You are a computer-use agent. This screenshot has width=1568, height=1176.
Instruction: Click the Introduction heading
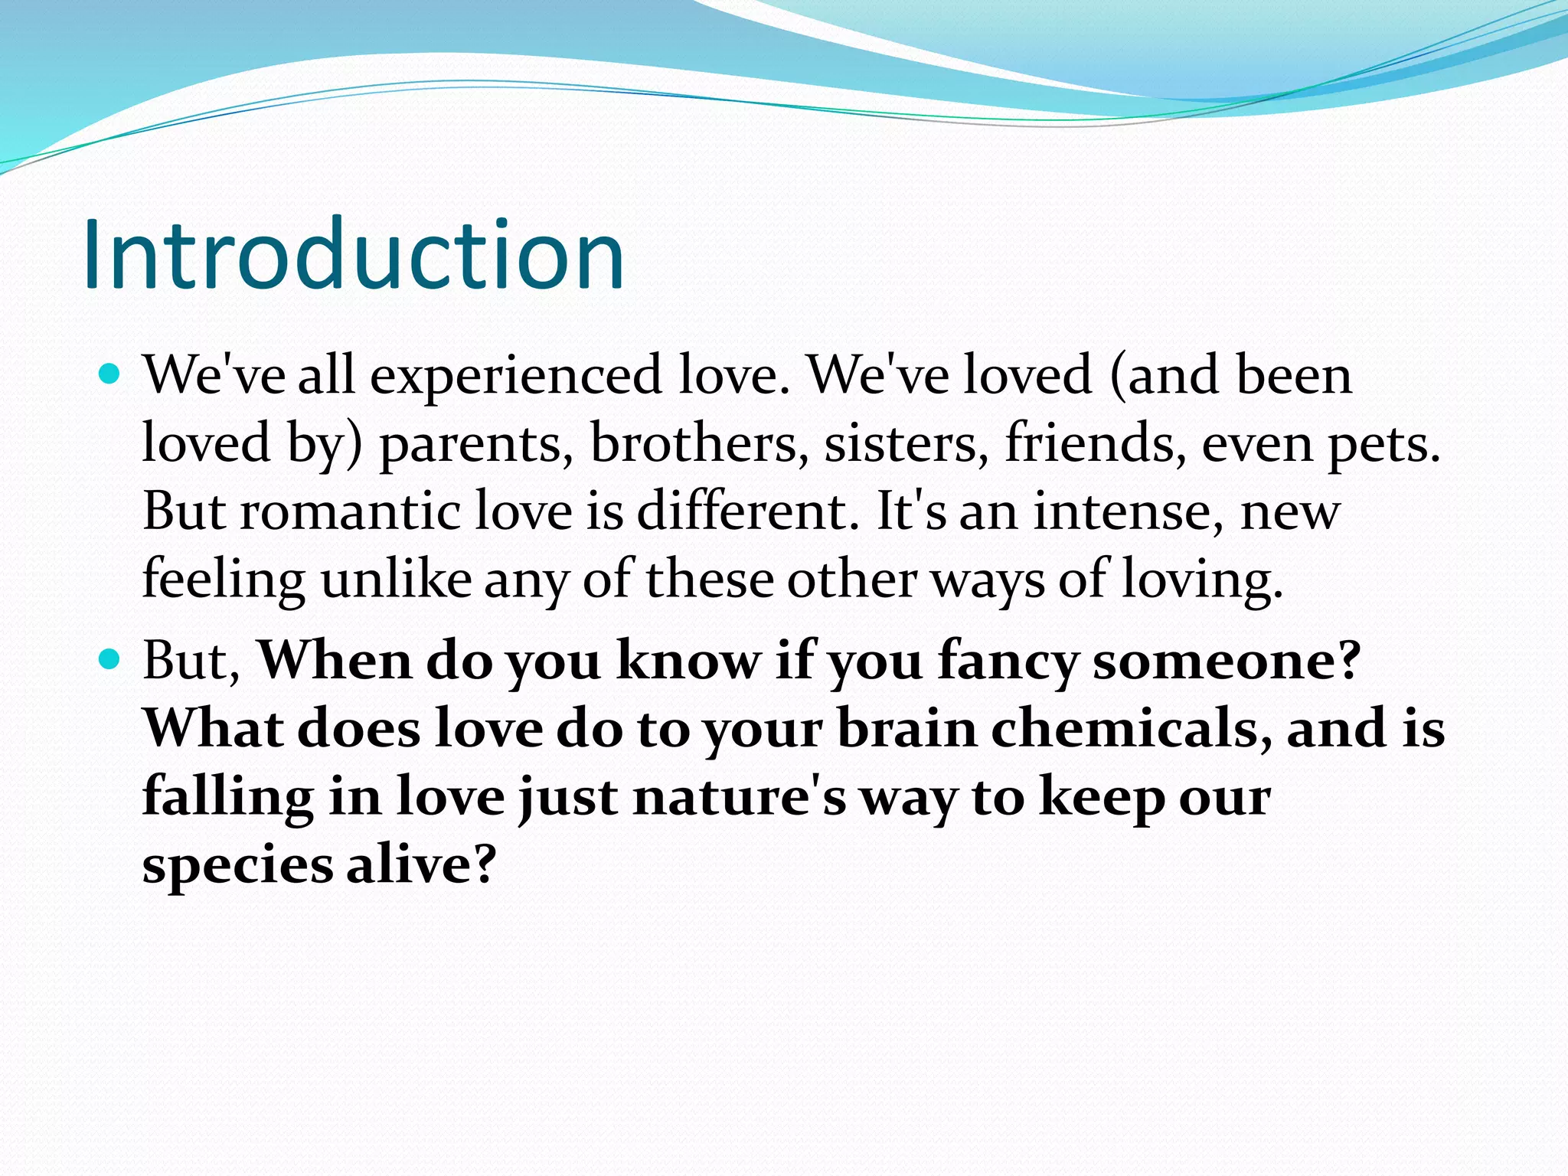tap(353, 255)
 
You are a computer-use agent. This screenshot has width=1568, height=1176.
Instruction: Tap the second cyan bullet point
tap(111, 659)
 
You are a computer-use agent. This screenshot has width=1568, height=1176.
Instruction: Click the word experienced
tap(515, 377)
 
